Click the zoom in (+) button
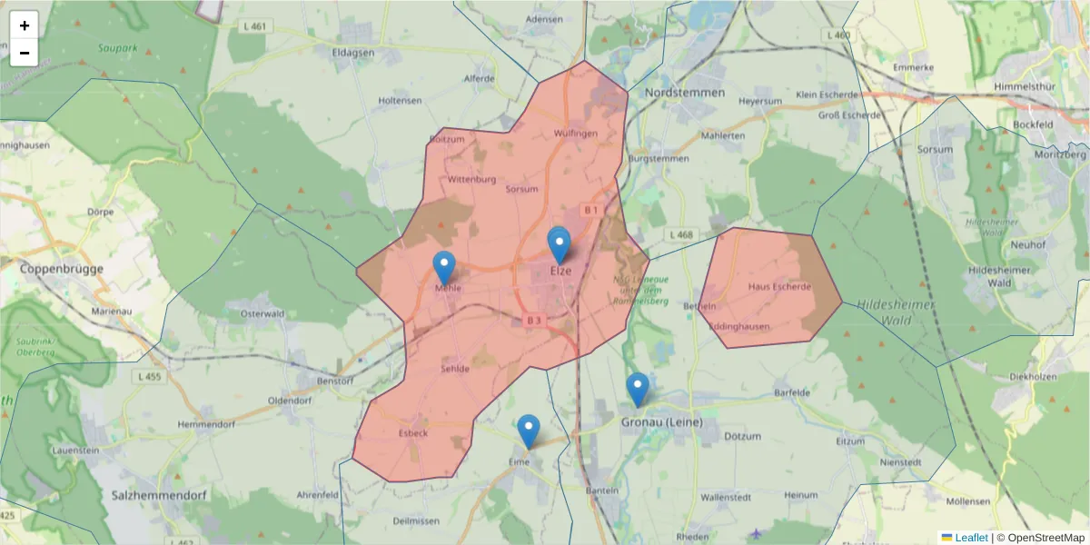tap(25, 25)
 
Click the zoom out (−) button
tap(25, 53)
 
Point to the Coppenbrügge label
tap(62, 269)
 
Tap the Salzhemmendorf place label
tap(158, 496)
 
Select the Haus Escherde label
tap(779, 287)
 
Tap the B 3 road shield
tap(533, 321)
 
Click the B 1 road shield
tap(591, 210)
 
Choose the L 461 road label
tap(254, 26)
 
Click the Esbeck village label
tap(412, 433)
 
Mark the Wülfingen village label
tap(576, 134)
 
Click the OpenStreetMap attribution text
tap(1045, 538)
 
